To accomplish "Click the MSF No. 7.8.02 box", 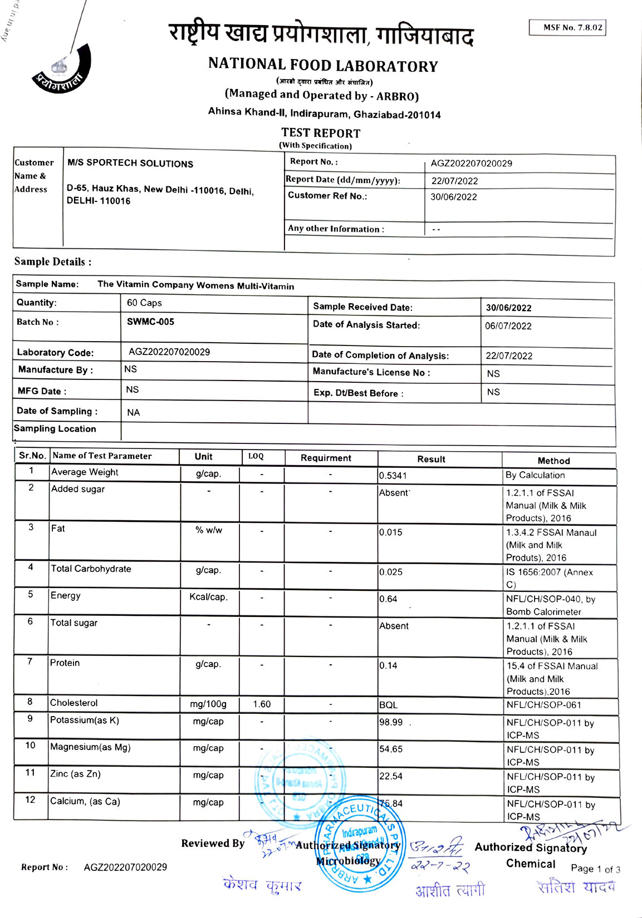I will [x=567, y=27].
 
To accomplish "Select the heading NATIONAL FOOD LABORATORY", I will [x=323, y=65].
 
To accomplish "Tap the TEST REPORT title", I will [x=321, y=133].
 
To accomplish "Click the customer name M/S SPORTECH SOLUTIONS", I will [x=130, y=164].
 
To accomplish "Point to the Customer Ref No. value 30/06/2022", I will [x=454, y=197].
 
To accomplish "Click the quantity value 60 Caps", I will [x=144, y=303].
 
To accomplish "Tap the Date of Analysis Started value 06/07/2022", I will [x=508, y=326].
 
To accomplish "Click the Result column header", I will [x=431, y=459].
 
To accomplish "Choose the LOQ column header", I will [x=256, y=456].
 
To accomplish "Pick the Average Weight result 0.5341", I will [x=393, y=476].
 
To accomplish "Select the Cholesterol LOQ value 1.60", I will [x=262, y=704].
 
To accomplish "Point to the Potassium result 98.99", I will [x=391, y=722].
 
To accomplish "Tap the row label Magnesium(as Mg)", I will [x=90, y=747].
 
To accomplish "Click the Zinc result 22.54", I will [x=391, y=776].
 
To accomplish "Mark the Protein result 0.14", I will [x=389, y=665].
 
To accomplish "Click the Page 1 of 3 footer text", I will [x=595, y=869].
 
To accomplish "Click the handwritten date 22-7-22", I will [x=440, y=867].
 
